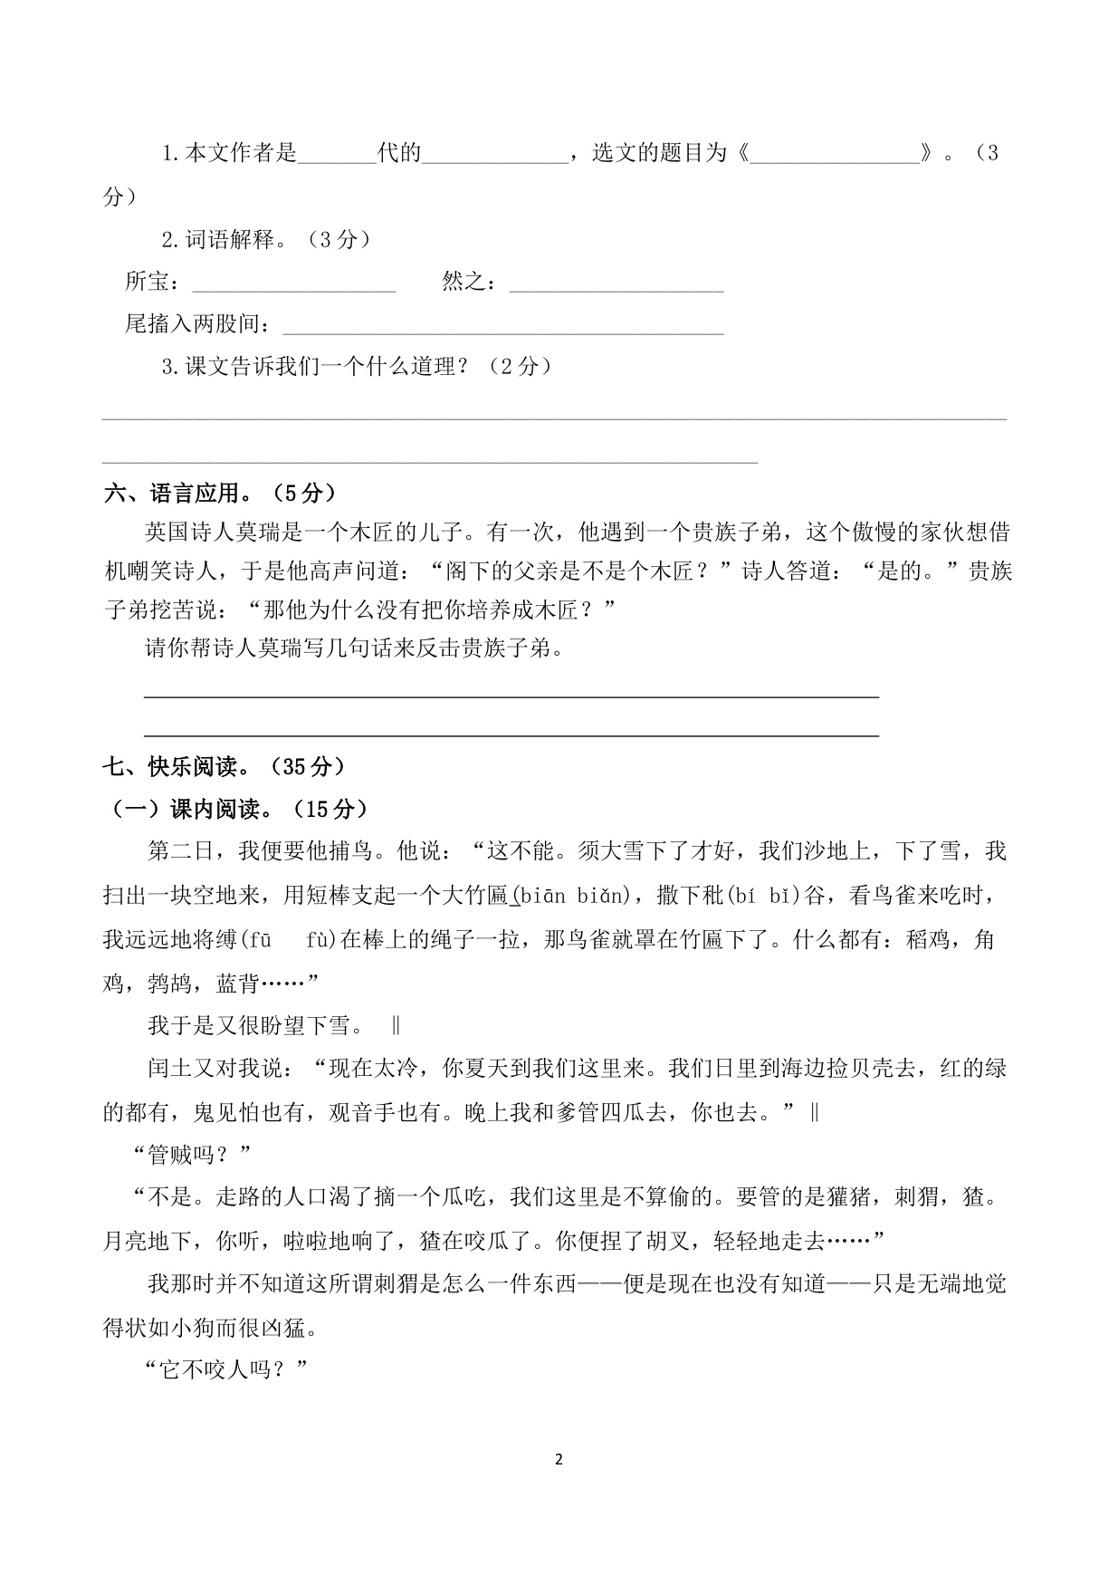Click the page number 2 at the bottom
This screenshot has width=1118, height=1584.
pyautogui.click(x=558, y=1459)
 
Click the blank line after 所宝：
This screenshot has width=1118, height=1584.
pyautogui.click(x=294, y=285)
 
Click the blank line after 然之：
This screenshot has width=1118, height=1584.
pyautogui.click(x=616, y=285)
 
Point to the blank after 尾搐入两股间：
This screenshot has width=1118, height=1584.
pyautogui.click(x=503, y=327)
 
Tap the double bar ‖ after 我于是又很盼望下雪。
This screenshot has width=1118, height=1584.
pyautogui.click(x=396, y=1026)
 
